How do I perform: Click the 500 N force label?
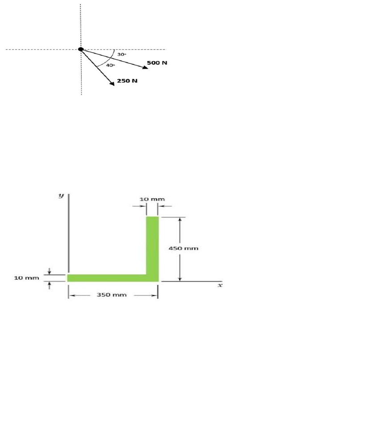157,63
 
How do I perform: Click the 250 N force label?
127,81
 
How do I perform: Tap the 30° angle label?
122,54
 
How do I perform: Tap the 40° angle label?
110,65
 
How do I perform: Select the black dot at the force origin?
81,49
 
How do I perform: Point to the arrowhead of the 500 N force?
145,67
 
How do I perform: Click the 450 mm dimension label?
184,249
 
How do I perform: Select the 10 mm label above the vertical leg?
152,199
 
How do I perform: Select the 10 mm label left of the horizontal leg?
27,278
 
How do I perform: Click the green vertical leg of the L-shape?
152,245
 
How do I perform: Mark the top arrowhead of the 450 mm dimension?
180,220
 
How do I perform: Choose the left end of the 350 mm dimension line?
70,295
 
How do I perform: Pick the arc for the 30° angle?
115,54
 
